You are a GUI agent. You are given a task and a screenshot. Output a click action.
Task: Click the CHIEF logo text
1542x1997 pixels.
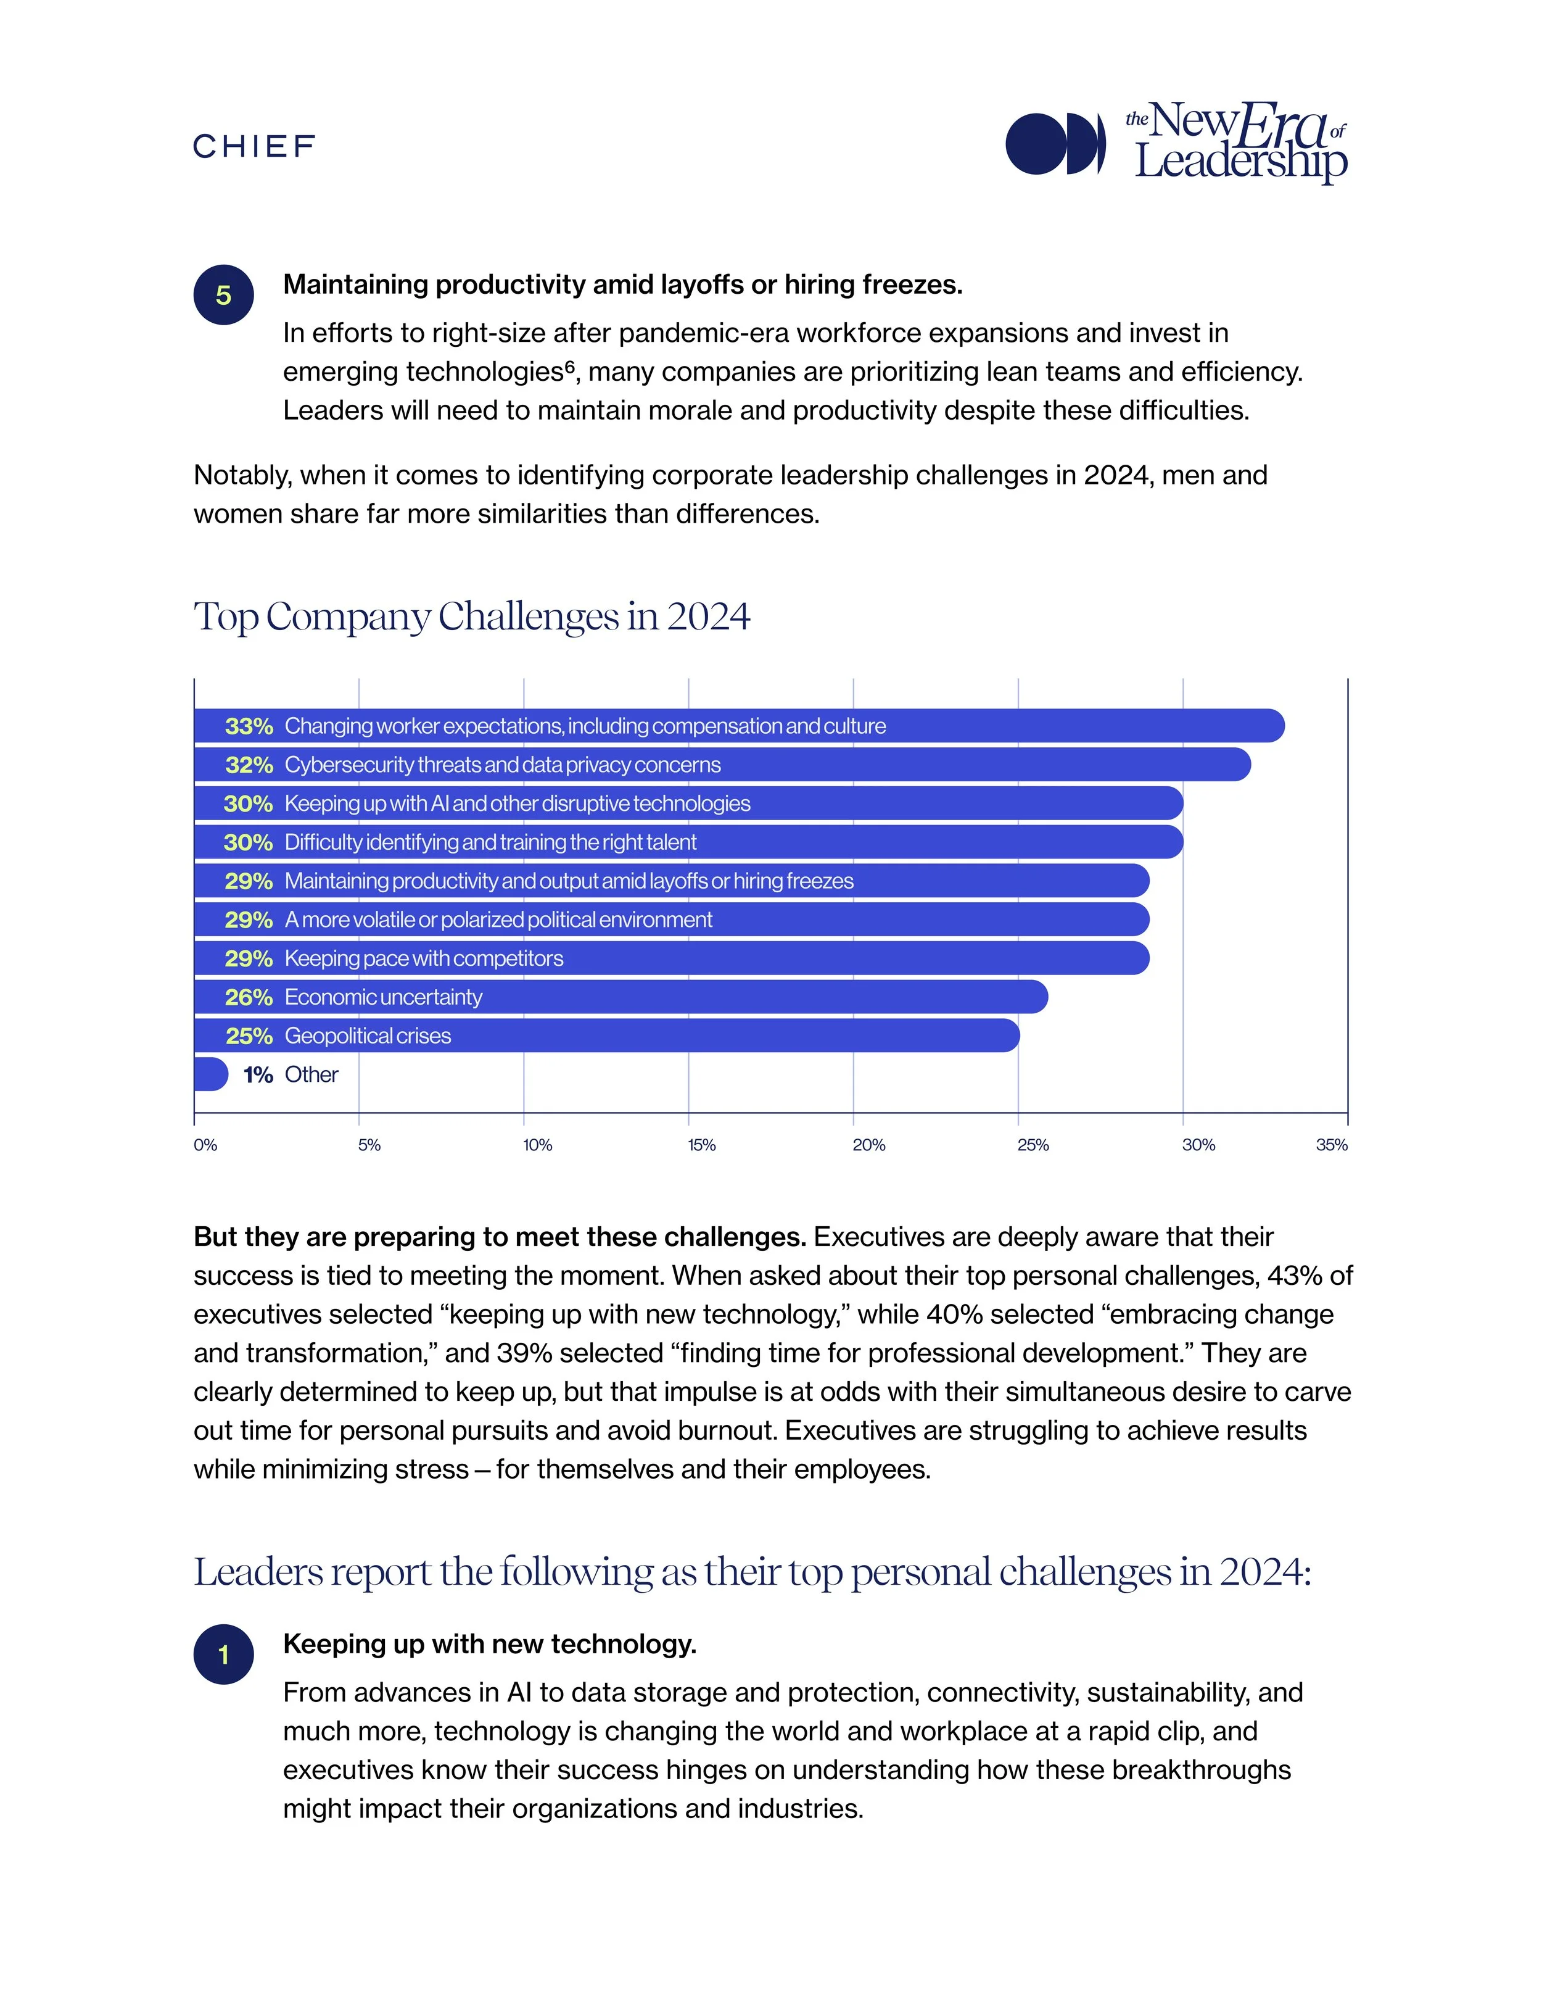pos(254,146)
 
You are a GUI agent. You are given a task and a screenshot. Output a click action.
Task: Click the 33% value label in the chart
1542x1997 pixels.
pos(249,726)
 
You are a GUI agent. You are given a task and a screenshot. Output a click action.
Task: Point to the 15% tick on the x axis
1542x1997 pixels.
pos(701,1145)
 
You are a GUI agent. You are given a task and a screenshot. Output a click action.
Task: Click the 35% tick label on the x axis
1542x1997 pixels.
pos(1331,1145)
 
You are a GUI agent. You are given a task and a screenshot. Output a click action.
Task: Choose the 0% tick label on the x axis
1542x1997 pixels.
pos(205,1145)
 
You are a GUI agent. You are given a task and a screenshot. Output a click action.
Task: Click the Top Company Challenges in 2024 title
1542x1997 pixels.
pos(472,617)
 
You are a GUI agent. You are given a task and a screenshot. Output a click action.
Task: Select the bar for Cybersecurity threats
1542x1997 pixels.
pos(914,765)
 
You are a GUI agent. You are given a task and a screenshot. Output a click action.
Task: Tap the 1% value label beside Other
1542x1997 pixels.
pos(258,1075)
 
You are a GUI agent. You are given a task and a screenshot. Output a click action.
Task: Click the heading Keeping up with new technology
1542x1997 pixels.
pos(490,1644)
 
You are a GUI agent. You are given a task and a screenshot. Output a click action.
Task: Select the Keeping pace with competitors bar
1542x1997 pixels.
pos(823,958)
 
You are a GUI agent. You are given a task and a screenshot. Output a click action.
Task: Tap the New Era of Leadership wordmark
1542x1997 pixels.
pos(1238,144)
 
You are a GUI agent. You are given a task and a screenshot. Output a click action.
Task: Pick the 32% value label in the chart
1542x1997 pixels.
pos(249,765)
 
